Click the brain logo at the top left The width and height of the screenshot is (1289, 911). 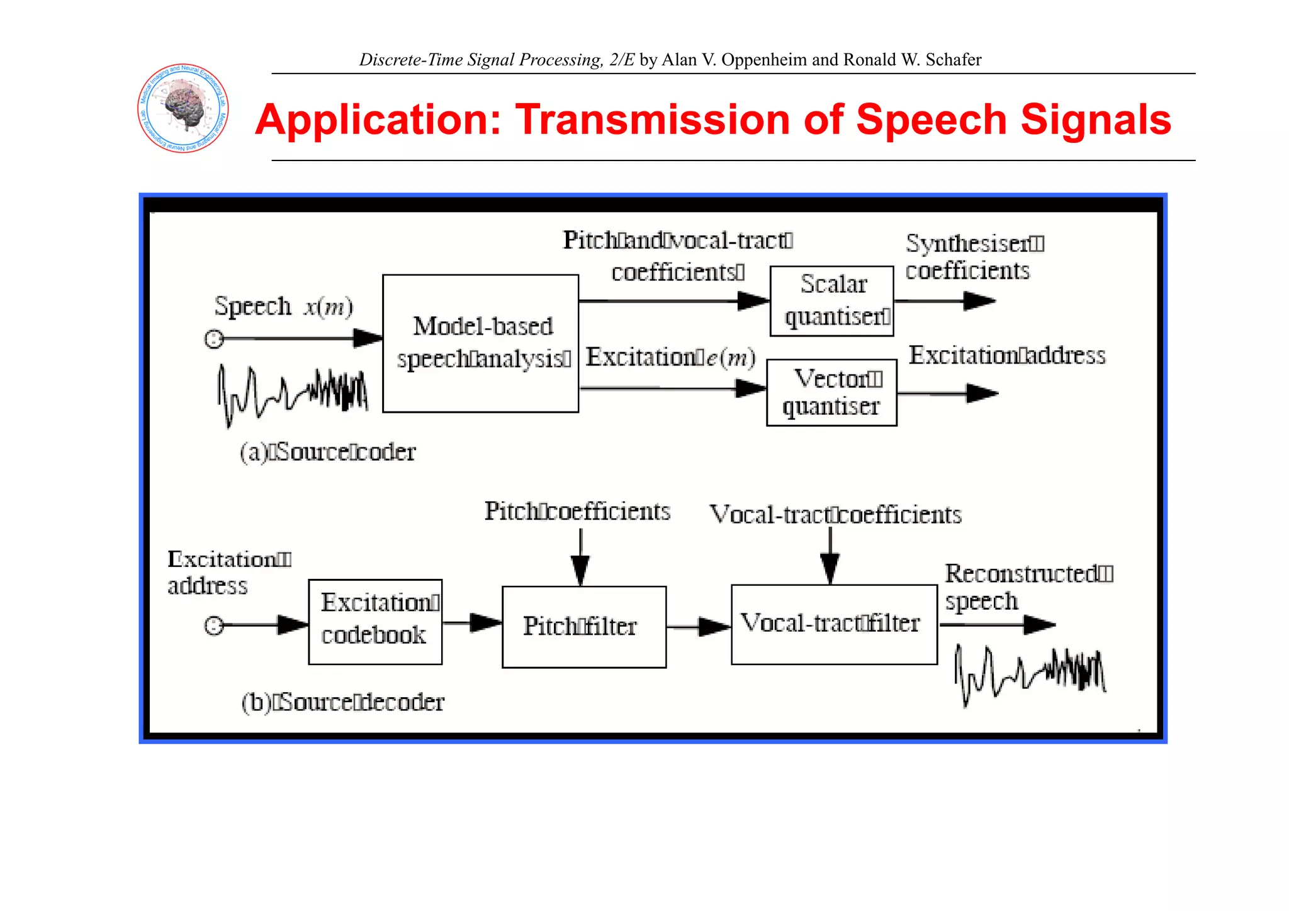pyautogui.click(x=183, y=108)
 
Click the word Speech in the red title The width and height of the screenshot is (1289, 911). pyautogui.click(x=931, y=120)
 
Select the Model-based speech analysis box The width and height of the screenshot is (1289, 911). pyautogui.click(x=480, y=344)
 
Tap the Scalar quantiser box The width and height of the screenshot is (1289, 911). pyautogui.click(x=831, y=301)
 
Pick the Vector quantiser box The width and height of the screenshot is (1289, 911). pyautogui.click(x=831, y=393)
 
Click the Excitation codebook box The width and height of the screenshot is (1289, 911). pyautogui.click(x=375, y=622)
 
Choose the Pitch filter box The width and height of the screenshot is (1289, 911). pyautogui.click(x=583, y=627)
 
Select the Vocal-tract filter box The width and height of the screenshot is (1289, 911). pyautogui.click(x=833, y=624)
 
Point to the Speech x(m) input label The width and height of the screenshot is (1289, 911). pyautogui.click(x=283, y=307)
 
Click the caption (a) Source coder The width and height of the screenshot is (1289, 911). pyautogui.click(x=328, y=452)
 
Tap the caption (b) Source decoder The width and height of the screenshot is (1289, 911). pyautogui.click(x=343, y=702)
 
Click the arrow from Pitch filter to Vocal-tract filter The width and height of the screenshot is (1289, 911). pyautogui.click(x=699, y=627)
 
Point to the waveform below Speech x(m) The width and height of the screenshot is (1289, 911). pyautogui.click(x=292, y=394)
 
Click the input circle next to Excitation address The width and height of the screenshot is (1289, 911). pyautogui.click(x=214, y=625)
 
